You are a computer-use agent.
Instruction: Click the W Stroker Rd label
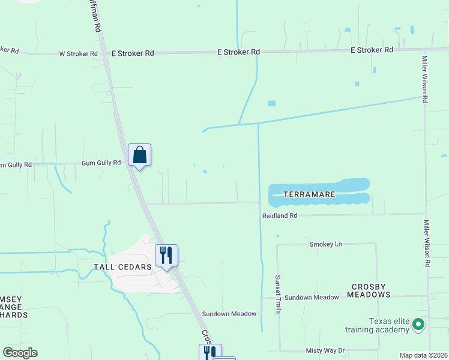[78, 54]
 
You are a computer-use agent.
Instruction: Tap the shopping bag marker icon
[139, 155]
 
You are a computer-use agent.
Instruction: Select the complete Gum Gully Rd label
[101, 163]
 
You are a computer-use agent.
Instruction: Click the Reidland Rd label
[279, 215]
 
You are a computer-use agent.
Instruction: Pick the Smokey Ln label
[325, 244]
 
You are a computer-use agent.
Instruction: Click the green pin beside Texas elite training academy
[418, 326]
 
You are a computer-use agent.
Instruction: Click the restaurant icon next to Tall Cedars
[166, 255]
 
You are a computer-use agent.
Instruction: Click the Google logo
[20, 353]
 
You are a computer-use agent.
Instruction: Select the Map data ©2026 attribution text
[423, 355]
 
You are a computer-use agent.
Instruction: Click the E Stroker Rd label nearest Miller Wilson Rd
[372, 50]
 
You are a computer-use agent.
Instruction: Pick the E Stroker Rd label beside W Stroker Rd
[133, 53]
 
